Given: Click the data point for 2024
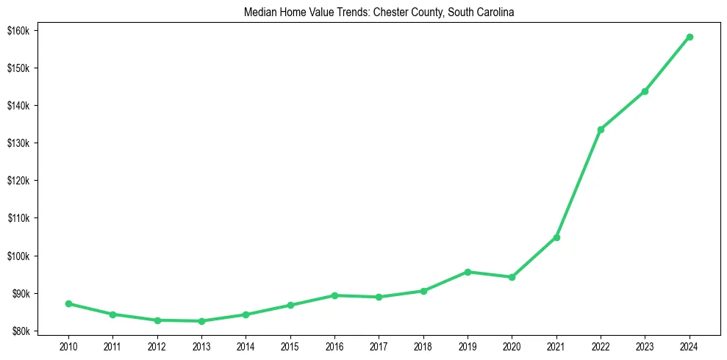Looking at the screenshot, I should pyautogui.click(x=690, y=37).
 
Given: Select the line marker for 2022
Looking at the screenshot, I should pyautogui.click(x=601, y=129).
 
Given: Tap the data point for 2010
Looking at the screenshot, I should pyautogui.click(x=68, y=303).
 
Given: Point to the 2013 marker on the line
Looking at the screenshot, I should pyautogui.click(x=201, y=321).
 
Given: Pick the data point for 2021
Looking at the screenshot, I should pyautogui.click(x=556, y=237).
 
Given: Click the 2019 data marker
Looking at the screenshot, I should pyautogui.click(x=468, y=272).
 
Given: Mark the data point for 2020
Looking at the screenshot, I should pyautogui.click(x=512, y=277).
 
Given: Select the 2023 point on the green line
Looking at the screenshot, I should pyautogui.click(x=645, y=91).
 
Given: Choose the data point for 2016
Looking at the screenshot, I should pyautogui.click(x=334, y=295).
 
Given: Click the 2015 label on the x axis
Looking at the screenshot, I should pyautogui.click(x=290, y=346).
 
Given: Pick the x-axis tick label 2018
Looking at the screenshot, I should pyautogui.click(x=423, y=346).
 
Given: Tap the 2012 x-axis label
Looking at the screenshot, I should pyautogui.click(x=157, y=346).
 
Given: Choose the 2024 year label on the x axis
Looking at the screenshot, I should pyautogui.click(x=690, y=346).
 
